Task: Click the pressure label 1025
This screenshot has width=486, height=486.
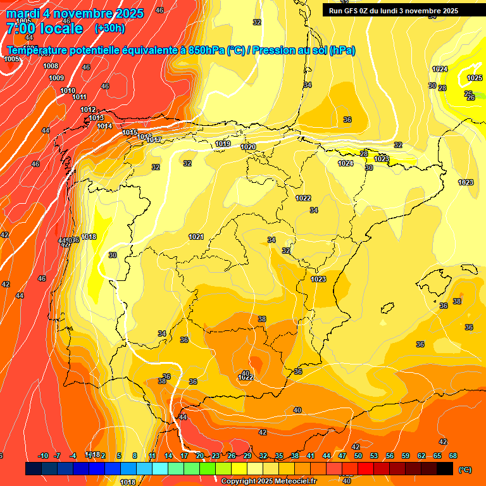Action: (475, 78)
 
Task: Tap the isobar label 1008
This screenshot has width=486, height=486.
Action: (51, 66)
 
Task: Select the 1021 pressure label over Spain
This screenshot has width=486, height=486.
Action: (196, 237)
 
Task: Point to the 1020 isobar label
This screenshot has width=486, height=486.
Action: (248, 147)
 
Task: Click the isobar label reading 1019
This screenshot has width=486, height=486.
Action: (223, 144)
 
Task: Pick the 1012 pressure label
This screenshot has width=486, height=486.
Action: (88, 109)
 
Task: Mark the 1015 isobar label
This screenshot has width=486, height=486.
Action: (130, 132)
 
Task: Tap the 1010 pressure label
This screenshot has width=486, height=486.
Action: (68, 90)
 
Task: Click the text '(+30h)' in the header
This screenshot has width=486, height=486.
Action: (109, 28)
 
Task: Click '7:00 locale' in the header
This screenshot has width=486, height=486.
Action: (44, 28)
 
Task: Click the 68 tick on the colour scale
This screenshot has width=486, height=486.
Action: (453, 456)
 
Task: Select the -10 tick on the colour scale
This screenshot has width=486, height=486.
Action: (43, 456)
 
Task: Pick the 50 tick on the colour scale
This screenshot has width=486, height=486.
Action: (358, 456)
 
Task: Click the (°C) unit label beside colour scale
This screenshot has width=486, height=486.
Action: (465, 469)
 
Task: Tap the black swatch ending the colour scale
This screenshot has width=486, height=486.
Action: (445, 469)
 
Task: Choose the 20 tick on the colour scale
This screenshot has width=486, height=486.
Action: (200, 456)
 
